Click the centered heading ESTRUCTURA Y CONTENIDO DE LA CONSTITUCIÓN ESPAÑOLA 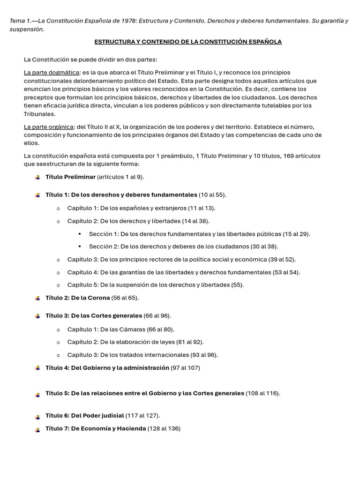pos(188,42)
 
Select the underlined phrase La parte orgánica pos(49,127)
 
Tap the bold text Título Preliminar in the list pos(70,177)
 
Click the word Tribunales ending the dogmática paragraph pos(40,114)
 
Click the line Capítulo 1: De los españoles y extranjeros pos(141,208)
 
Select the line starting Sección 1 pos(199,233)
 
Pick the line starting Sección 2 pos(183,246)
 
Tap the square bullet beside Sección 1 pos(80,233)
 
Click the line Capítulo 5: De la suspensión pos(155,285)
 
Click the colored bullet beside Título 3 pos(37,316)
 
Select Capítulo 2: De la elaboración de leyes pos(135,342)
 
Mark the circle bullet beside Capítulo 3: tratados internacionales pos(58,355)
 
